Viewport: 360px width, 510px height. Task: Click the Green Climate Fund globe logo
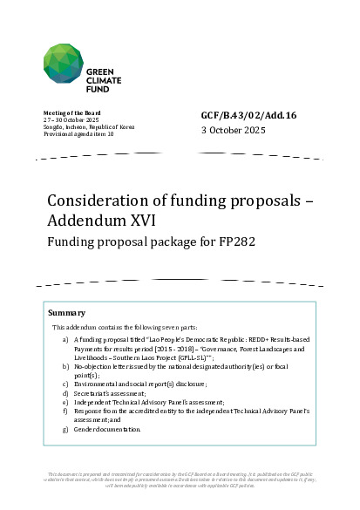coord(66,64)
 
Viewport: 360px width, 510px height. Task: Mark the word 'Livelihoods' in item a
coord(110,356)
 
